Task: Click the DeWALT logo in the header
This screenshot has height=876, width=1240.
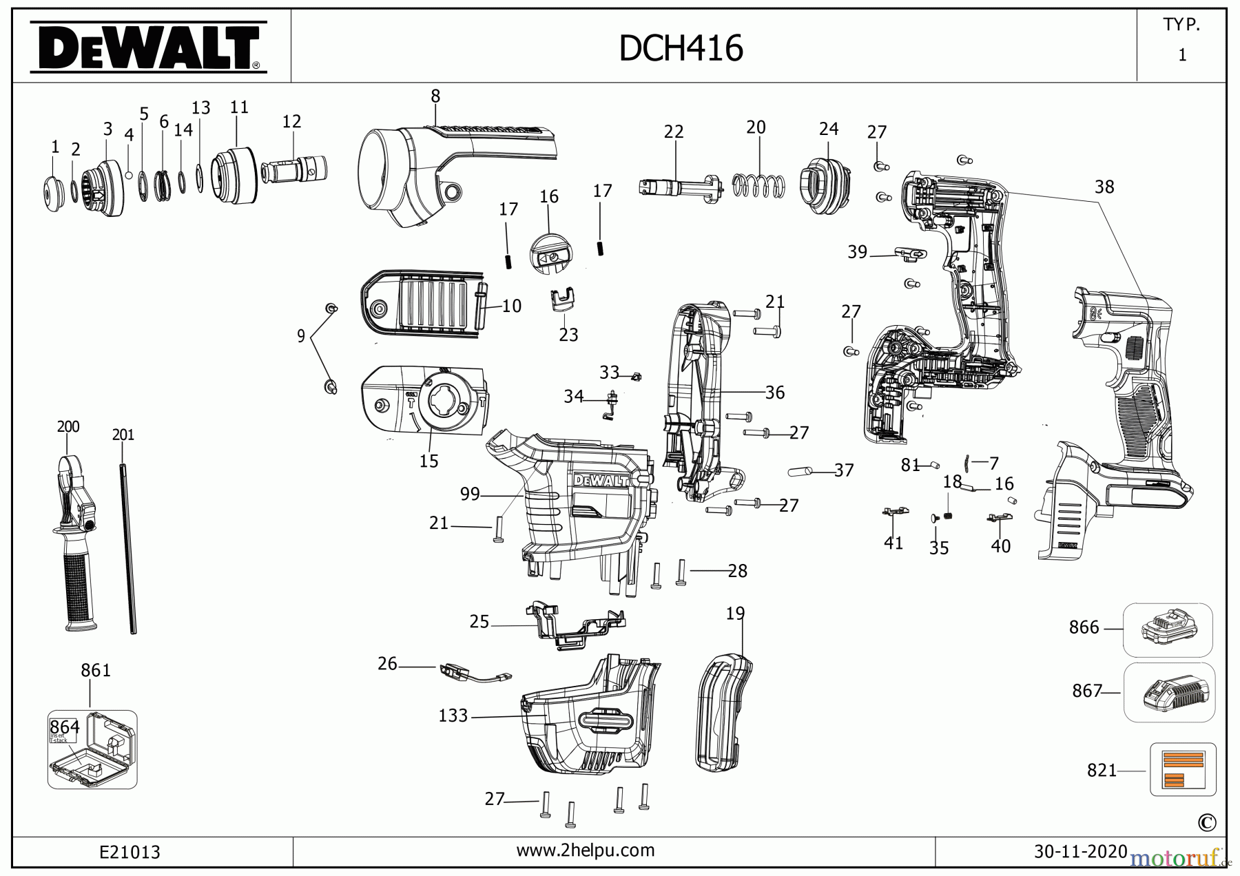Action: (x=147, y=47)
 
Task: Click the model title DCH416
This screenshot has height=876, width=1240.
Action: (x=681, y=49)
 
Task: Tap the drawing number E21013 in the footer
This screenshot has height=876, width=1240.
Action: (x=130, y=853)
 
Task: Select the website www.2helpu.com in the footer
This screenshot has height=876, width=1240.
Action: (x=585, y=851)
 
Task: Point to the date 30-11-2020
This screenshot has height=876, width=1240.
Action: (x=1080, y=851)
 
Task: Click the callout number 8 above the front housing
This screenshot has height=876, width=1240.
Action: (x=435, y=96)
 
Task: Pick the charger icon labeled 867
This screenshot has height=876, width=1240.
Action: (x=1169, y=692)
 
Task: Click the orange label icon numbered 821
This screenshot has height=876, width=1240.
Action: (x=1183, y=769)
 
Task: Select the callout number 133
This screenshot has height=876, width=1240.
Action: (x=453, y=716)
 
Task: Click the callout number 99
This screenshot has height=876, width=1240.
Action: (x=469, y=494)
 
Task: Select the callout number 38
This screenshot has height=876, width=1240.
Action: (x=1104, y=187)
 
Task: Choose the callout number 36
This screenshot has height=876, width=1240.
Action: (x=774, y=393)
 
